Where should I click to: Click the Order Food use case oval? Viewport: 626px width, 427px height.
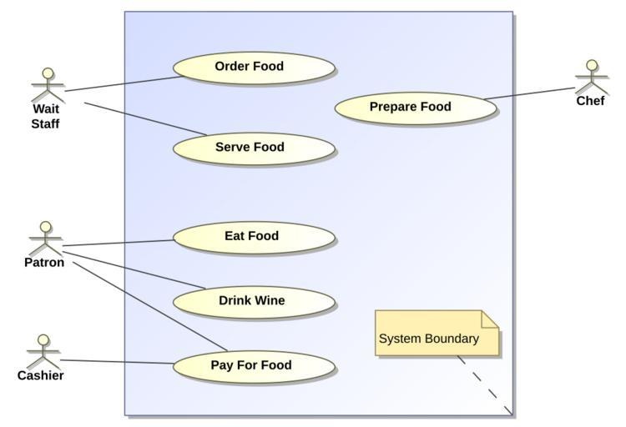click(254, 68)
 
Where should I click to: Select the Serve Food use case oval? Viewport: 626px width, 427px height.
click(254, 148)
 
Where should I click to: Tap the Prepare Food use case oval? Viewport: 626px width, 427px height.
click(415, 108)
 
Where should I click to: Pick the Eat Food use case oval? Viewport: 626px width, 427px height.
click(254, 237)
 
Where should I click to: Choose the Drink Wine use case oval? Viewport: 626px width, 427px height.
click(254, 301)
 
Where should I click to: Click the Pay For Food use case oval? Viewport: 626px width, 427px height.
click(254, 365)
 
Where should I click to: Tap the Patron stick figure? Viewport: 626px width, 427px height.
click(46, 238)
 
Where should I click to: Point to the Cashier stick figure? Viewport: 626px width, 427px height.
click(43, 350)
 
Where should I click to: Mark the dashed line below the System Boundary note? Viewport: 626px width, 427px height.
click(484, 384)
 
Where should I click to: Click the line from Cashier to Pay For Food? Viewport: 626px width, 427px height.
click(117, 362)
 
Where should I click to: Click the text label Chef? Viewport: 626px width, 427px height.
click(590, 101)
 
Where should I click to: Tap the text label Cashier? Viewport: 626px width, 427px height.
click(41, 375)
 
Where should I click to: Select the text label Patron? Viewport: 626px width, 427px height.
click(44, 263)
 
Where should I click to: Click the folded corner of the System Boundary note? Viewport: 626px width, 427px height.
click(491, 319)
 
